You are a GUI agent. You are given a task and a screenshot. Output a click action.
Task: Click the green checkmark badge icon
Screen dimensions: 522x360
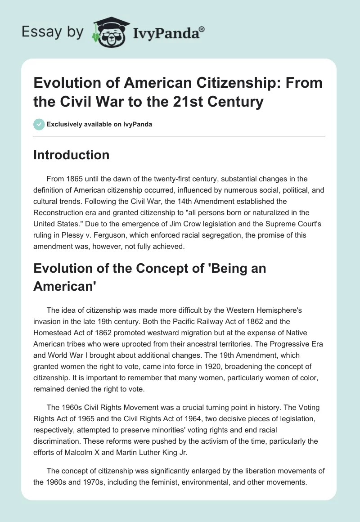[39, 124]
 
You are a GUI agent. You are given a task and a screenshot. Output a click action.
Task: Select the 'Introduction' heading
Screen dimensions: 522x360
[71, 155]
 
